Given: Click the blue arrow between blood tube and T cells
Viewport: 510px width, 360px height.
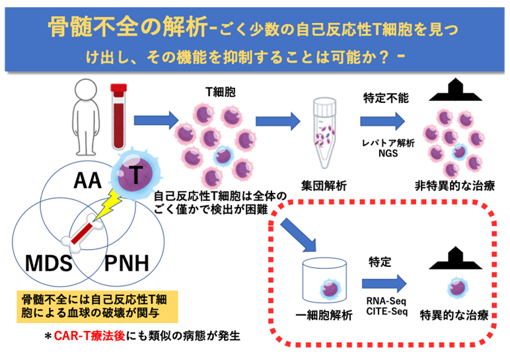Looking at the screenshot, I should tap(156, 120).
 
